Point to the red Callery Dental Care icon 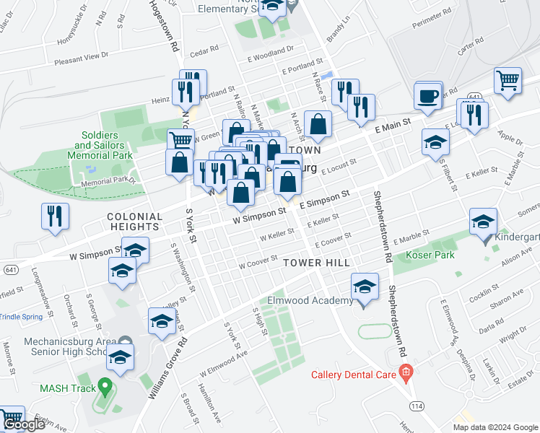tap(406, 374)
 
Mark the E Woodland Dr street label tap(270, 50)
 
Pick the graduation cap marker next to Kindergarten tap(483, 222)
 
